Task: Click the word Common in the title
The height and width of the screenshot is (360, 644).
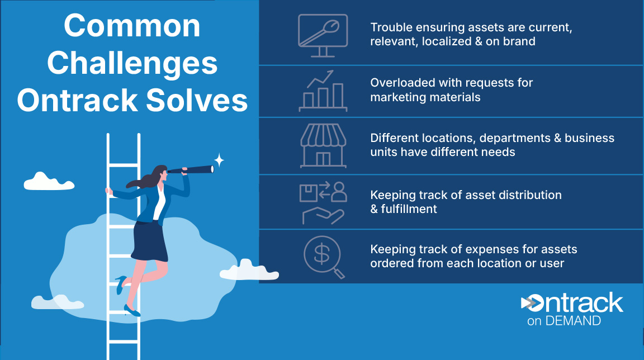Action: click(x=132, y=26)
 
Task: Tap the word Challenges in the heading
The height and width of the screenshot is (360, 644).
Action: click(x=132, y=64)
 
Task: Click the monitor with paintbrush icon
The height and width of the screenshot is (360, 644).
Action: click(x=323, y=35)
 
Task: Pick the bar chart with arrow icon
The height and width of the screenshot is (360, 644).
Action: click(x=323, y=91)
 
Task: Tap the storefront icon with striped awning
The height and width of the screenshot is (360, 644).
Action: click(x=323, y=146)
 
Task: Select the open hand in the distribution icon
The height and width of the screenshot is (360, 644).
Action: click(x=323, y=216)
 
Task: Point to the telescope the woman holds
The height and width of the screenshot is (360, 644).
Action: click(x=191, y=169)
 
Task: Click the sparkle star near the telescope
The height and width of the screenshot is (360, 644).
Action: click(x=219, y=160)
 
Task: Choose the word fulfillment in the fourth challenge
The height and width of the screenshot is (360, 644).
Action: click(x=409, y=209)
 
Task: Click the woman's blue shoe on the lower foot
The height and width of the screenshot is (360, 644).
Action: click(x=132, y=311)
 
